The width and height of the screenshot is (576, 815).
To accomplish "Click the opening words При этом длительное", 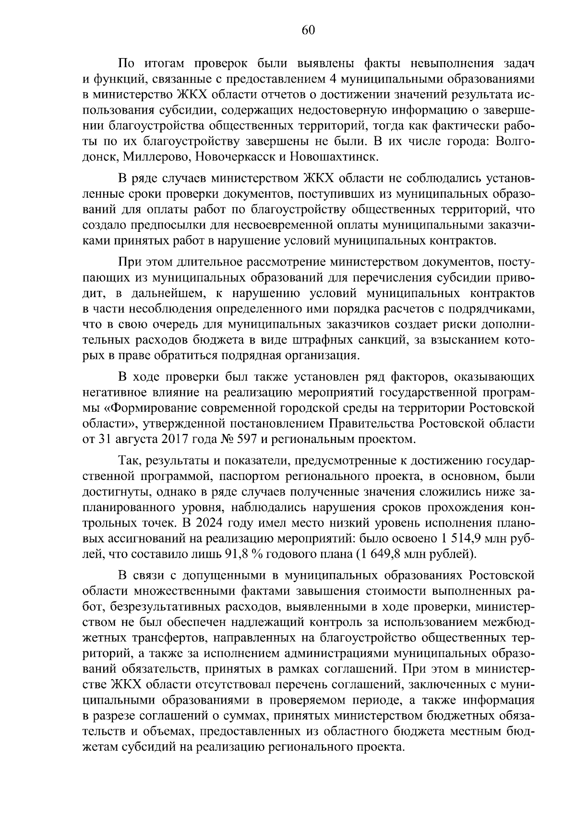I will pos(183,262).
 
